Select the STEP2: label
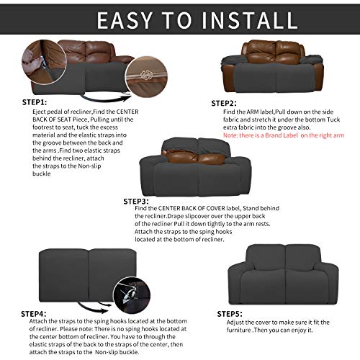coord(224,103)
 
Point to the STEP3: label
coord(135,201)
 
